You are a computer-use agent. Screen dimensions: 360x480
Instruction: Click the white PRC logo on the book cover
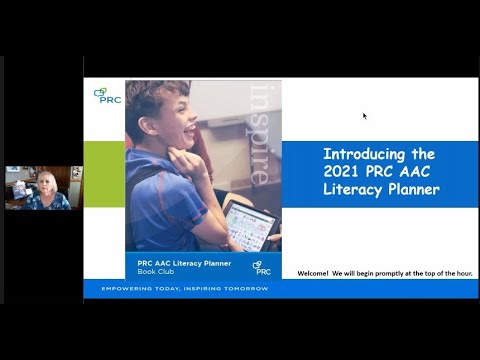[262, 267]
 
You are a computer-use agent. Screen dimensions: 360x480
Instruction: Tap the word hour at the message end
[463, 273]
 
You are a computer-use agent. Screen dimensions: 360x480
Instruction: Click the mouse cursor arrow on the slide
[364, 116]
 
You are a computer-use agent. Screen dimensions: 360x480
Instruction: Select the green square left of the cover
[103, 174]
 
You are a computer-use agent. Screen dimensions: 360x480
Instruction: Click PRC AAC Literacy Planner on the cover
[184, 263]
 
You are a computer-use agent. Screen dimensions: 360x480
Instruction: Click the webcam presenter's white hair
[46, 178]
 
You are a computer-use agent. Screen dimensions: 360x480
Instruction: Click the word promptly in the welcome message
[394, 273]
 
